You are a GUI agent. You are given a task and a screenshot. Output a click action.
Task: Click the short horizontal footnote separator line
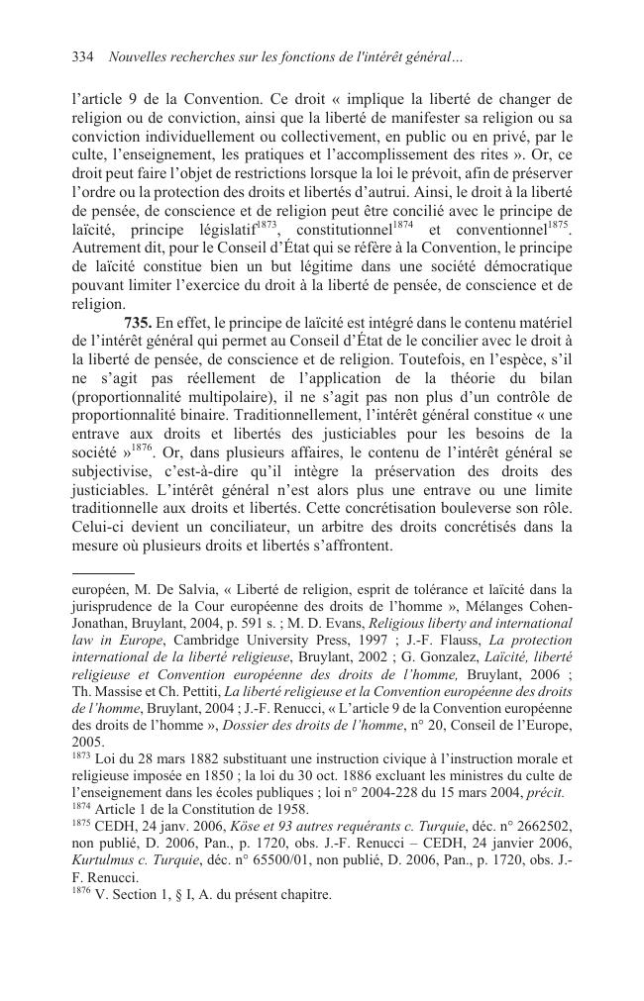click(x=102, y=572)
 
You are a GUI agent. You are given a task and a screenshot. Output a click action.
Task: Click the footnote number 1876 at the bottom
click(x=82, y=893)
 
